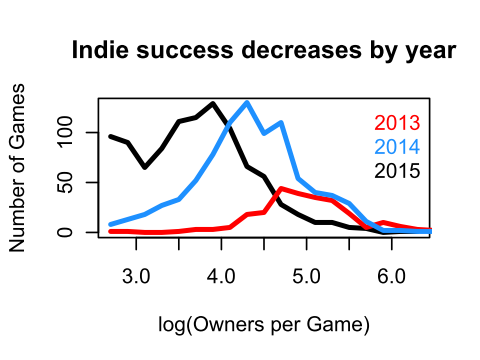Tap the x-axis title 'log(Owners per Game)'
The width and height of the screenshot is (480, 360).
pyautogui.click(x=264, y=325)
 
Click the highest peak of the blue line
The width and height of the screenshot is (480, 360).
pyautogui.click(x=247, y=102)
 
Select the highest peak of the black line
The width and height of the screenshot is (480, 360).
pyautogui.click(x=213, y=103)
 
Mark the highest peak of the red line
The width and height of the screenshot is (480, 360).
pyautogui.click(x=281, y=188)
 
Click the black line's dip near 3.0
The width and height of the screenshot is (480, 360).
pyautogui.click(x=145, y=167)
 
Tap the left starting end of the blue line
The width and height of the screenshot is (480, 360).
pyautogui.click(x=111, y=224)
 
